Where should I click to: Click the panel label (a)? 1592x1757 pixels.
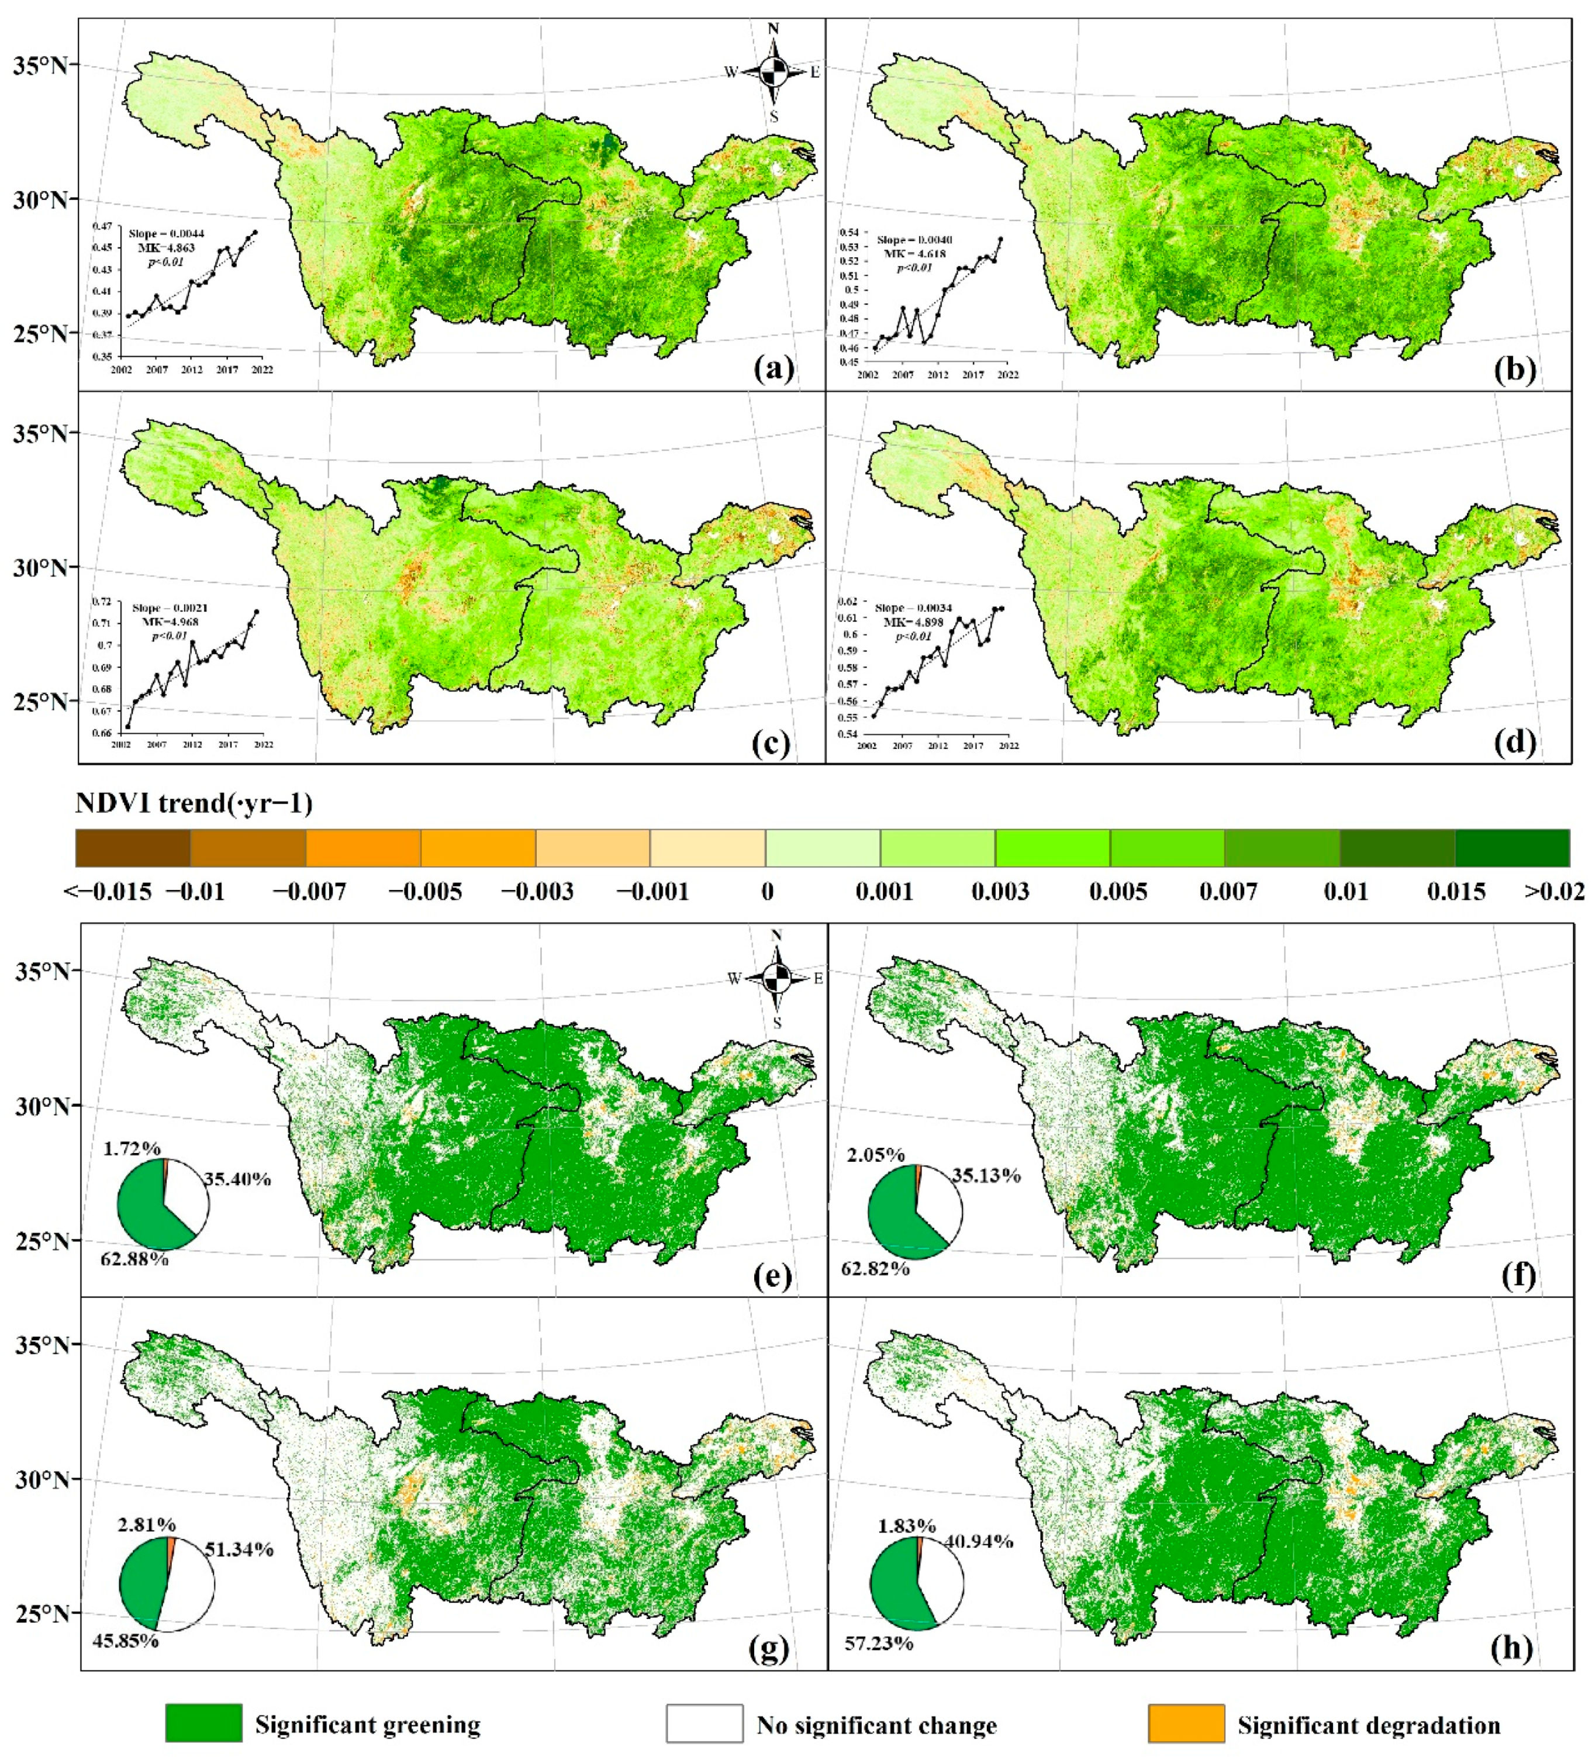[773, 370]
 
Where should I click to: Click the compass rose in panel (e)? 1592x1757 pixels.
[777, 978]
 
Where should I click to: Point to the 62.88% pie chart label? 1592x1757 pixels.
[135, 1259]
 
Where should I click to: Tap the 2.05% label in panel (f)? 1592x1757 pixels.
[875, 1155]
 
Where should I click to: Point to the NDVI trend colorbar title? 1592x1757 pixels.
[194, 803]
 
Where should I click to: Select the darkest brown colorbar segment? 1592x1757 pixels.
[133, 848]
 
